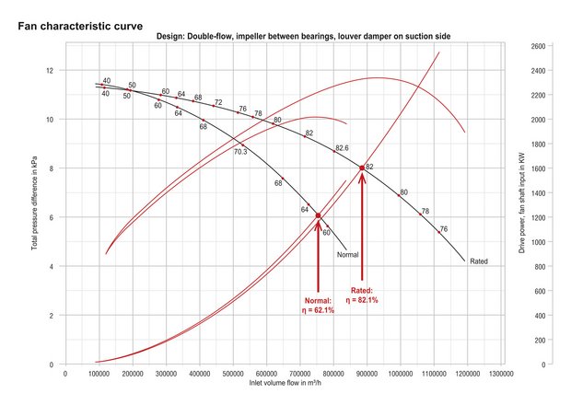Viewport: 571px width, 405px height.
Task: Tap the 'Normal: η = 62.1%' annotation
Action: pyautogui.click(x=319, y=306)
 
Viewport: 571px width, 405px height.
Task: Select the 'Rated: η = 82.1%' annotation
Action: pyautogui.click(x=362, y=295)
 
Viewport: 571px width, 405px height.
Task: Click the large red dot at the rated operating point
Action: pyautogui.click(x=362, y=168)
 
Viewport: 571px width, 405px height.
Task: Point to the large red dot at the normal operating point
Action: pyautogui.click(x=319, y=216)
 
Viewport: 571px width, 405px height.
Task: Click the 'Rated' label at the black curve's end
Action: pyautogui.click(x=479, y=261)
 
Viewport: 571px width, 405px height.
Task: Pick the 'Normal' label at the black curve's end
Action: pyautogui.click(x=347, y=255)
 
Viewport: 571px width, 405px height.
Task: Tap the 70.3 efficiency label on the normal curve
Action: pyautogui.click(x=240, y=152)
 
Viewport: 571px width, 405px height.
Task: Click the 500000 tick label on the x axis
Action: pyautogui.click(x=233, y=374)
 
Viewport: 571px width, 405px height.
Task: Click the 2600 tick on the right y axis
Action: pyautogui.click(x=539, y=45)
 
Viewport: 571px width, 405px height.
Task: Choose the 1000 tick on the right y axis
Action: pyautogui.click(x=539, y=241)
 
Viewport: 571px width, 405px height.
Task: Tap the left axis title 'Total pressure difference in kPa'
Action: pyautogui.click(x=34, y=205)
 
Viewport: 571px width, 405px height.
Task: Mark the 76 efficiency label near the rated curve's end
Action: pyautogui.click(x=443, y=229)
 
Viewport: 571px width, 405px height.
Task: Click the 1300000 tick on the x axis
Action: pyautogui.click(x=501, y=374)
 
